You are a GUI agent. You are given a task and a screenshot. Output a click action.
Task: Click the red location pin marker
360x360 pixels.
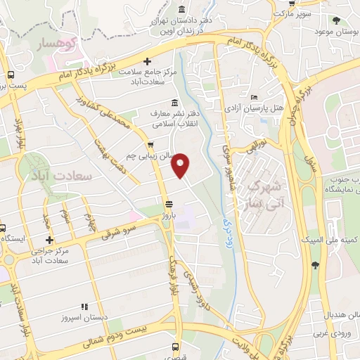181,165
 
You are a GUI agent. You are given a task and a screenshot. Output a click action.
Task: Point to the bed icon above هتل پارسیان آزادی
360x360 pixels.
254,97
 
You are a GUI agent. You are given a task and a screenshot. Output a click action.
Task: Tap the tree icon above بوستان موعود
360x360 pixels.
337,20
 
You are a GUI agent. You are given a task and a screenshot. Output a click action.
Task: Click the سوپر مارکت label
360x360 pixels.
292,13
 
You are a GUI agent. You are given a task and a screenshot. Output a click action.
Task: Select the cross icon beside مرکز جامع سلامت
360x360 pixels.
147,62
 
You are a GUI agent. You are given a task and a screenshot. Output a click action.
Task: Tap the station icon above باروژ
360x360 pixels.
167,204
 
